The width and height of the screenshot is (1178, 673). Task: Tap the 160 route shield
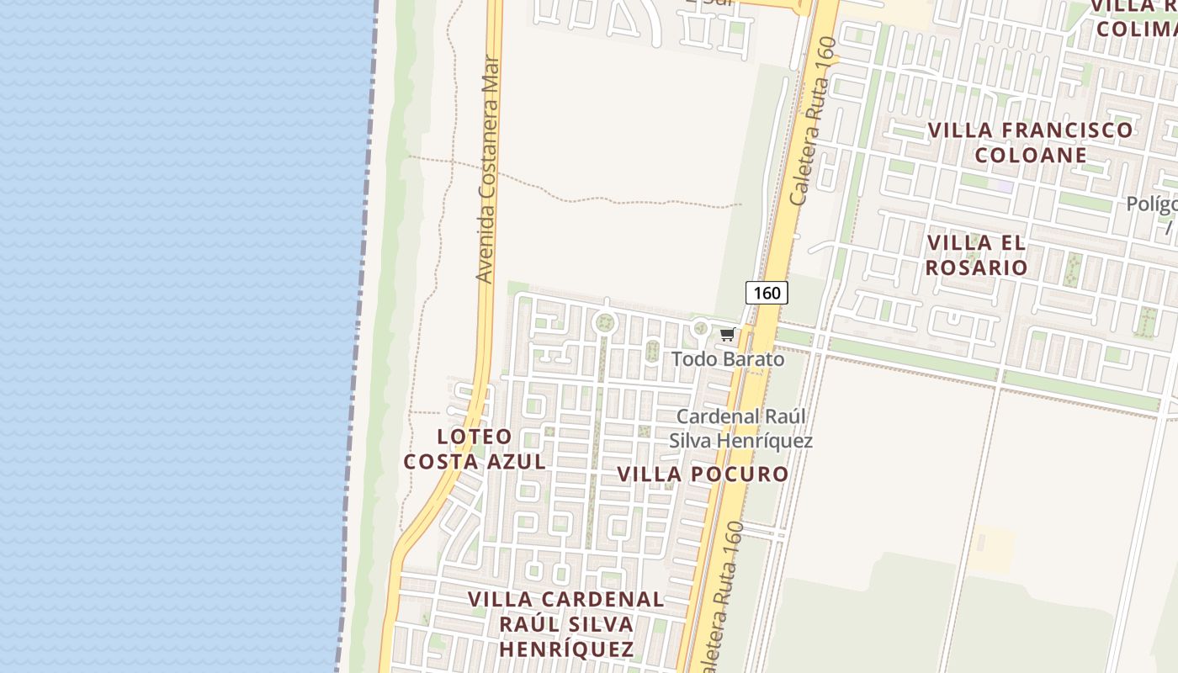[x=767, y=293]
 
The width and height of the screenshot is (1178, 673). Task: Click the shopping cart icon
[x=727, y=335]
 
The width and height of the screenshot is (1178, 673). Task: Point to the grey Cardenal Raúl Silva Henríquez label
[x=741, y=428]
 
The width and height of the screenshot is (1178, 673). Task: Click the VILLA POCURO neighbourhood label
[x=703, y=474]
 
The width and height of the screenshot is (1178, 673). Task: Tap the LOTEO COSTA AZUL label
[x=475, y=449]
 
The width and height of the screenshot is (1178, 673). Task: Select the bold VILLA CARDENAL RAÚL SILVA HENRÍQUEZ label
[x=566, y=624]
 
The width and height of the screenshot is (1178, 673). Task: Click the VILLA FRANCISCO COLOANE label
[x=1031, y=142]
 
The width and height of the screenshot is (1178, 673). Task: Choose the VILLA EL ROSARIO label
[x=977, y=255]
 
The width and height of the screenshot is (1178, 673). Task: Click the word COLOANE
[x=1031, y=155]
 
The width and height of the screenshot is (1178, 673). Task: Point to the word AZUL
[x=514, y=462]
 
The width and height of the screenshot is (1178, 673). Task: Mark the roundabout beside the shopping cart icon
[x=700, y=327]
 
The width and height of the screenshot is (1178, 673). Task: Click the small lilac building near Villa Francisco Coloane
[x=1003, y=186]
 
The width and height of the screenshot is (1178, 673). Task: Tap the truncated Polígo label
[x=1152, y=204]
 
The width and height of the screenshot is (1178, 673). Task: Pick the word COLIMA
[x=1136, y=29]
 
